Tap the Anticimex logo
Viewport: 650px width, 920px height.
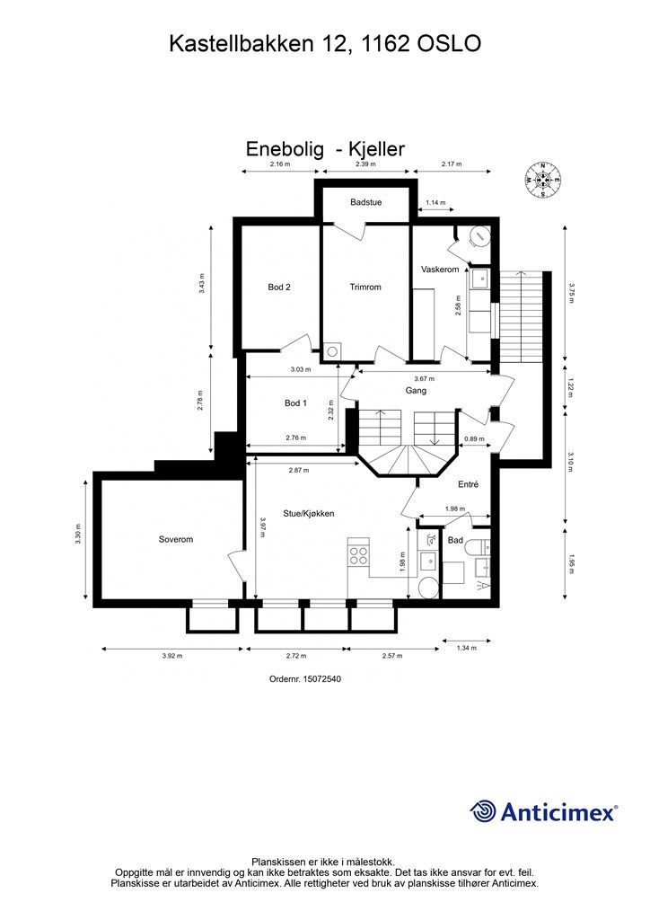click(x=544, y=812)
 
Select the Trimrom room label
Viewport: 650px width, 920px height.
click(x=365, y=287)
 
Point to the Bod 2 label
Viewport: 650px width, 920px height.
click(x=279, y=287)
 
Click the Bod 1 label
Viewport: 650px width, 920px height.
click(x=295, y=403)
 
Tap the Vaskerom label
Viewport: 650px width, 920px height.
click(x=440, y=270)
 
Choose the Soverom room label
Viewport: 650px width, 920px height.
click(x=176, y=539)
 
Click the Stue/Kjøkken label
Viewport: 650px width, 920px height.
click(x=309, y=513)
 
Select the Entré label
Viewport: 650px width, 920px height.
click(x=468, y=484)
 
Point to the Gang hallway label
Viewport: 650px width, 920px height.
click(x=416, y=391)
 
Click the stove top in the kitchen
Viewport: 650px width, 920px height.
click(x=359, y=553)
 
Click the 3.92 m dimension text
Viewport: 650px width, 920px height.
click(x=172, y=656)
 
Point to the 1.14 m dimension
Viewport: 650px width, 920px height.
click(x=435, y=203)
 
